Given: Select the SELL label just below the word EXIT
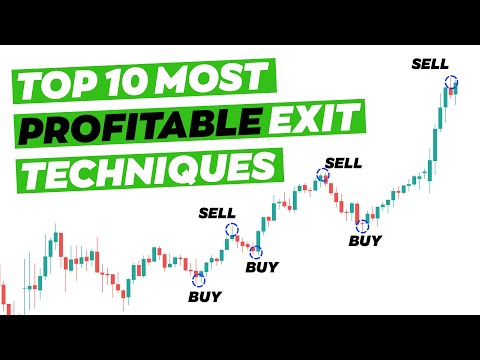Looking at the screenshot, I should tap(343, 162).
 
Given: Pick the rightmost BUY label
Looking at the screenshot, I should tap(364, 240).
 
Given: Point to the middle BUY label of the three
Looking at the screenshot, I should tap(262, 269).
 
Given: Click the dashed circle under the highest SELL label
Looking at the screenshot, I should tap(452, 83).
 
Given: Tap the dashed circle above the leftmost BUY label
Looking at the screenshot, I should tap(198, 279).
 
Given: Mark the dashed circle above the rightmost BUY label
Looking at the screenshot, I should tap(362, 224).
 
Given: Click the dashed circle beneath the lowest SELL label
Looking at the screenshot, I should tap(232, 229).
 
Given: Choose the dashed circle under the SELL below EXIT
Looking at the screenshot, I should tap(322, 176).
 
